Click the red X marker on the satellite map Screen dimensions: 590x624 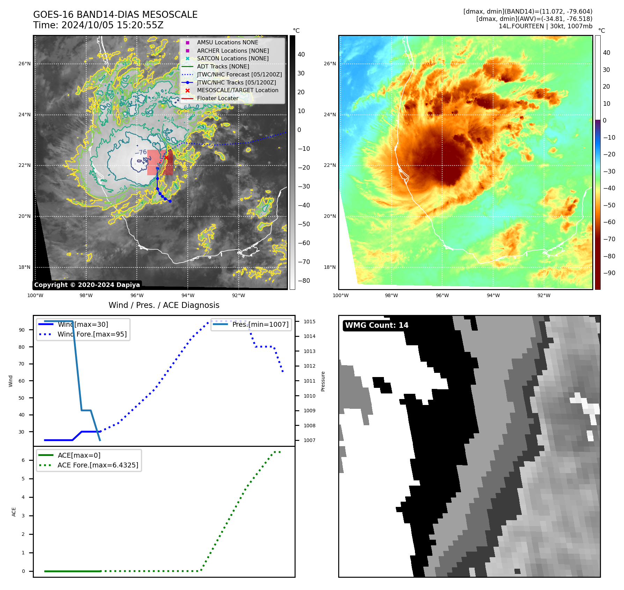166,158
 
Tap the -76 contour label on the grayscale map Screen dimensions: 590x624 141,152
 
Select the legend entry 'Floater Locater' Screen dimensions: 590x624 217,98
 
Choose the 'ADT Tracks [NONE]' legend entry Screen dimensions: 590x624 223,66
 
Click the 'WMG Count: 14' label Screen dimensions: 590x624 377,325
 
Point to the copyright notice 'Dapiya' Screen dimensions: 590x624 87,285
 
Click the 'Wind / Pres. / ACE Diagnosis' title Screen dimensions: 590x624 164,305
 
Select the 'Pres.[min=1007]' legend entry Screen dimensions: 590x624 260,324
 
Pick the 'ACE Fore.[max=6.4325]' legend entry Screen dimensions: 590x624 98,465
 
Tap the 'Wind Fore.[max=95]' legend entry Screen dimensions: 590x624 92,334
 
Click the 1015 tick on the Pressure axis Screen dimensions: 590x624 309,322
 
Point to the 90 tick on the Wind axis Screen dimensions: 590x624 22,330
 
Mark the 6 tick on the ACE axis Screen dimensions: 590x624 23,460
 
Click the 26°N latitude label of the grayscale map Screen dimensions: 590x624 24,64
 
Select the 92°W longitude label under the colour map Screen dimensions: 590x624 544,295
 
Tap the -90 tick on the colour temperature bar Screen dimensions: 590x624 609,273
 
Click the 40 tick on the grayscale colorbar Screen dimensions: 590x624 301,54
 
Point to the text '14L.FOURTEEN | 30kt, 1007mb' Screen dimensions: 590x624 545,26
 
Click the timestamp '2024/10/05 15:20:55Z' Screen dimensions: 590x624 112,25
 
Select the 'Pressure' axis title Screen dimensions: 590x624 323,381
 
